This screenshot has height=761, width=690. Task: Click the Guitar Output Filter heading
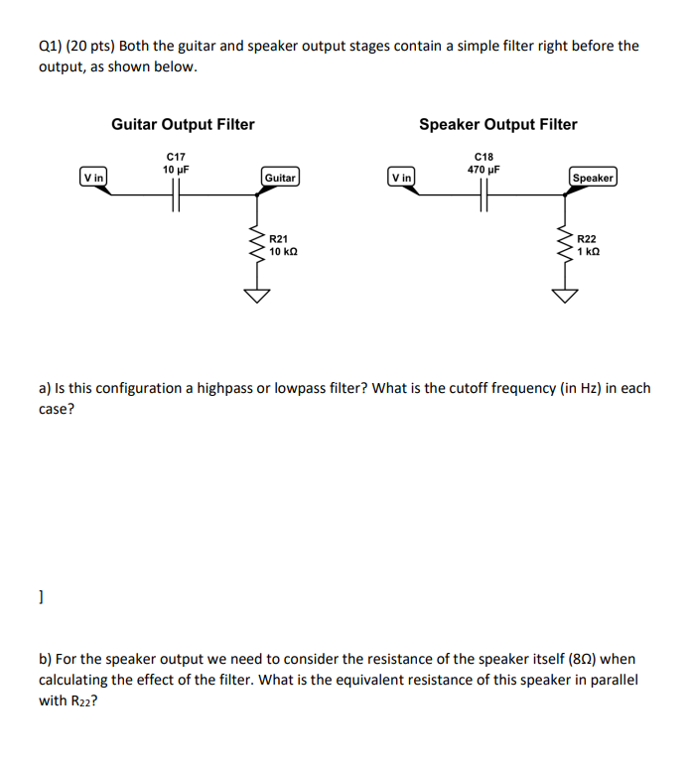tap(183, 124)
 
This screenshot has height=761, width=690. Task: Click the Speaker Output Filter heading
tap(497, 124)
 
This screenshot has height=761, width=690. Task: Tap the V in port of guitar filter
tap(94, 177)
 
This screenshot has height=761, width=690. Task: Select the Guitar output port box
tap(280, 178)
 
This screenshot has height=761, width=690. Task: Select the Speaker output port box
tap(593, 178)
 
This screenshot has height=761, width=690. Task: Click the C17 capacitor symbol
tap(177, 198)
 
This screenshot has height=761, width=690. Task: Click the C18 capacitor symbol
tap(484, 198)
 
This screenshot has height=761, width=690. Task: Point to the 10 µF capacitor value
tap(176, 169)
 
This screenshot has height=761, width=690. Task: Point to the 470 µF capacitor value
tap(483, 169)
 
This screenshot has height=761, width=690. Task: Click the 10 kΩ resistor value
tap(283, 252)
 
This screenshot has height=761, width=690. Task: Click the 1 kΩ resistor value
tap(589, 252)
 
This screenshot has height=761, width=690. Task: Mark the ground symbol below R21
tap(258, 295)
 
